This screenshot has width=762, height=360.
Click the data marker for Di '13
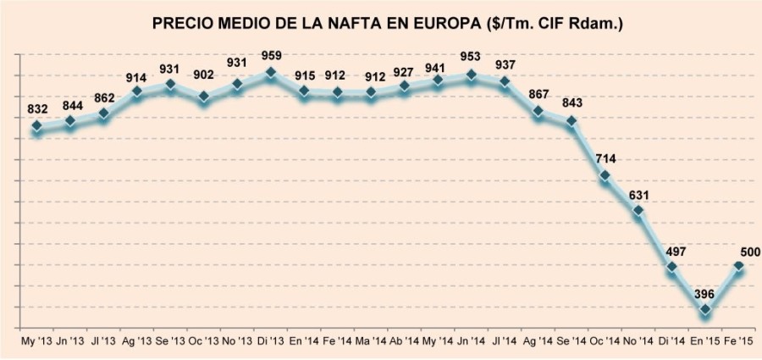tap(270, 73)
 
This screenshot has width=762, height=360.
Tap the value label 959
tap(270, 56)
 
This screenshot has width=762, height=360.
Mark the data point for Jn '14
tap(472, 75)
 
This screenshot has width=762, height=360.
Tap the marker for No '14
tap(638, 210)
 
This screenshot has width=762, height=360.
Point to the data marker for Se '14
tap(571, 121)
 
